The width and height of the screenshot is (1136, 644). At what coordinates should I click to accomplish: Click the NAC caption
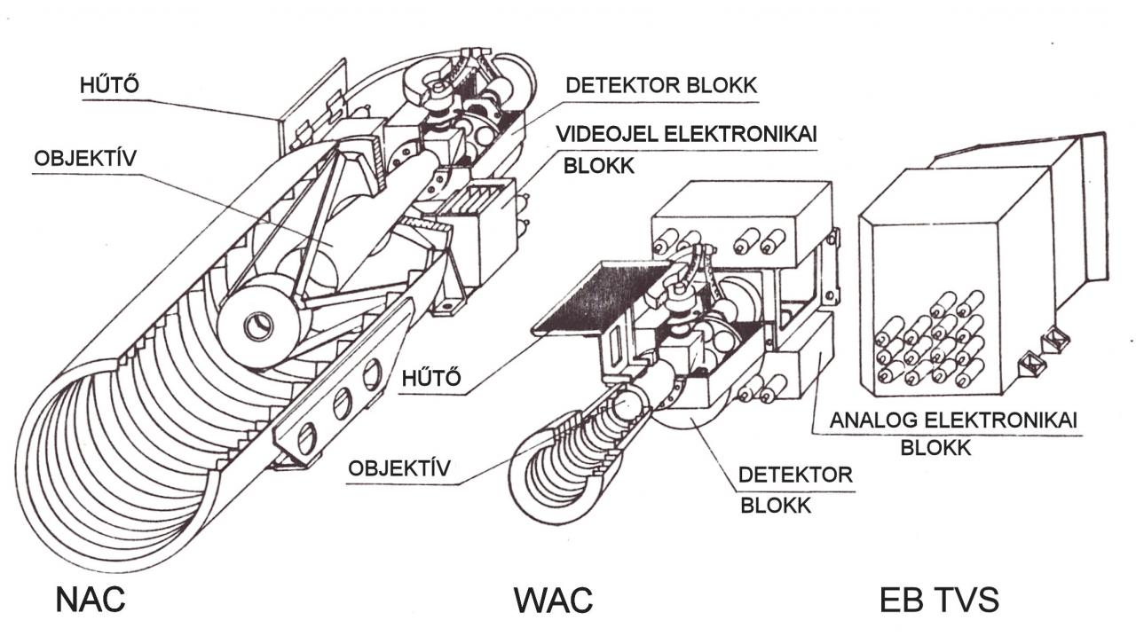pos(91,600)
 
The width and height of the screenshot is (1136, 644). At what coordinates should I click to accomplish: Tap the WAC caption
pos(553,601)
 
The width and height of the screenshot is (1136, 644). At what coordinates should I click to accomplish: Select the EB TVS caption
pos(939,601)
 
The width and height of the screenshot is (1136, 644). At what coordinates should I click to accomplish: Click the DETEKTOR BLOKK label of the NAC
pos(661,86)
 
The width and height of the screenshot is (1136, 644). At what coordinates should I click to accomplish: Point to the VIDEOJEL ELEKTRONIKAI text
pos(686,134)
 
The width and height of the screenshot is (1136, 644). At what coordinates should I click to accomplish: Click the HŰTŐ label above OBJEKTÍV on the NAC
pos(112,87)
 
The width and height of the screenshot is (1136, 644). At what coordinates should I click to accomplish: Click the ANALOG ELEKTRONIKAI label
pos(953,420)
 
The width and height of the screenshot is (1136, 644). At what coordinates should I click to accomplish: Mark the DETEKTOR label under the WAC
pos(795,475)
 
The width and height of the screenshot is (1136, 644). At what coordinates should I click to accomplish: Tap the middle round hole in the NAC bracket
pos(341,405)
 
